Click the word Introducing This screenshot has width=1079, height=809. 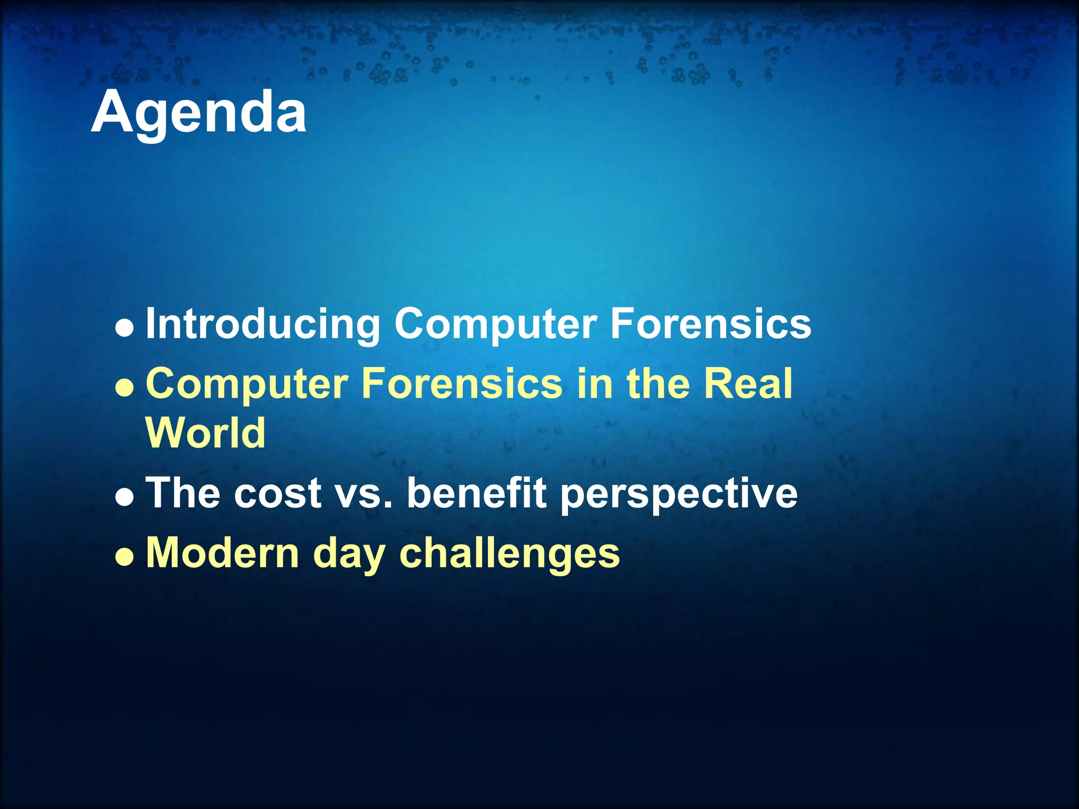262,324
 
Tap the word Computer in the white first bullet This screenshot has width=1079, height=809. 495,324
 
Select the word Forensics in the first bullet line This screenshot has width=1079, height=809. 710,324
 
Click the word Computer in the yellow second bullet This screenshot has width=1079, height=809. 247,384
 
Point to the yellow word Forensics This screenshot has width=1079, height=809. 462,383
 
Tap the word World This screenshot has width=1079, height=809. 205,433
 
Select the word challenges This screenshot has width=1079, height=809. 509,554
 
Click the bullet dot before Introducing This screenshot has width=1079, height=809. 124,330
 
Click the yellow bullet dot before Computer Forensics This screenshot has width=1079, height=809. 124,390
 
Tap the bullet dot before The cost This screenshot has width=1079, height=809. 124,499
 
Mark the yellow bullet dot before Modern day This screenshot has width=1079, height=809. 124,559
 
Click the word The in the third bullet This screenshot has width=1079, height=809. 183,494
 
